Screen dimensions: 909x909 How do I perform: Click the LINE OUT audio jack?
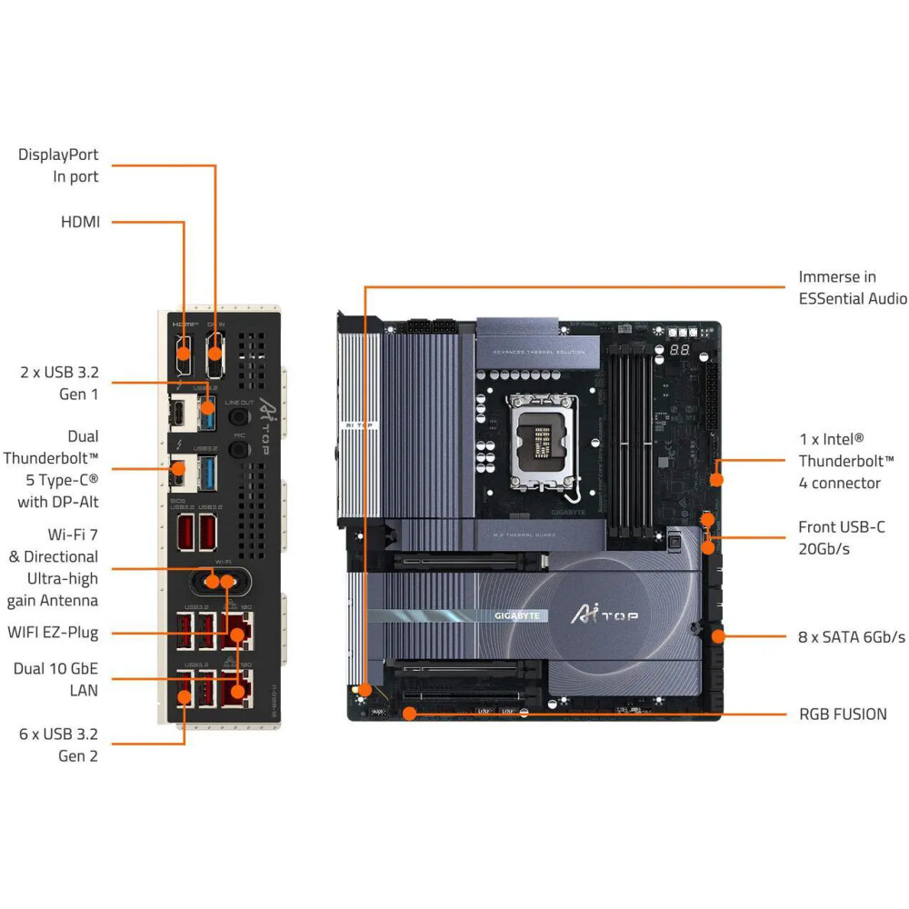pyautogui.click(x=239, y=415)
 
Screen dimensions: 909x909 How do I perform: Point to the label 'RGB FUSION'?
pyautogui.click(x=843, y=714)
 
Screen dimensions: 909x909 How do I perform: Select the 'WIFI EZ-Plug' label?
pyautogui.click(x=54, y=632)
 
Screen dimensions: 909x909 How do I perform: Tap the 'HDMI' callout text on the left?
pyautogui.click(x=80, y=221)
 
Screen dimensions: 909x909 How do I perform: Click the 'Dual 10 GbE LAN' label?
pyautogui.click(x=55, y=679)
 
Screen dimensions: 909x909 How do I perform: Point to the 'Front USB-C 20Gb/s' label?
pyautogui.click(x=842, y=537)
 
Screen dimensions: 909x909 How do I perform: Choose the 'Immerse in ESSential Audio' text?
pyautogui.click(x=852, y=287)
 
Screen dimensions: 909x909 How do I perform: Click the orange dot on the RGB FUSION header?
pyautogui.click(x=409, y=714)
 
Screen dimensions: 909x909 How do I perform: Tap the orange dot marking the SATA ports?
pyautogui.click(x=718, y=636)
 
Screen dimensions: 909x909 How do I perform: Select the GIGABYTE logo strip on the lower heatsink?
pyautogui.click(x=516, y=615)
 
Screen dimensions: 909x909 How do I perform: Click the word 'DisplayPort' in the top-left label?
pyautogui.click(x=58, y=155)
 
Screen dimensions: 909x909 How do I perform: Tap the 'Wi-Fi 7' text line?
pyautogui.click(x=73, y=534)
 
